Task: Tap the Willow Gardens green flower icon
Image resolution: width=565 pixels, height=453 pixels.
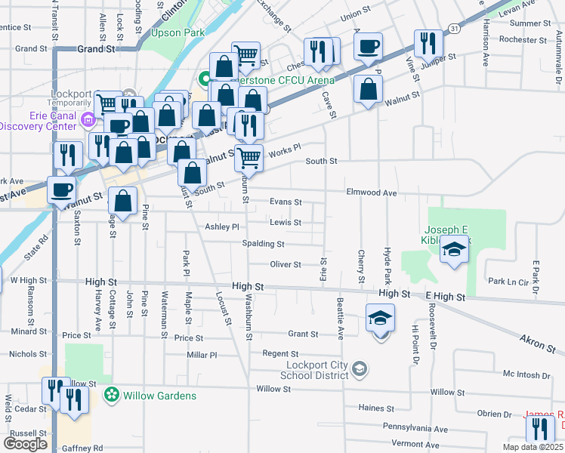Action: tap(112, 395)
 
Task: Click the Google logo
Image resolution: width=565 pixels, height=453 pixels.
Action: tap(25, 444)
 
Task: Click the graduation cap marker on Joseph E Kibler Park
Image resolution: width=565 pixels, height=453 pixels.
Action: tap(453, 250)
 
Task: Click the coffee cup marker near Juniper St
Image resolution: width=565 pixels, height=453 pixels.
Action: tap(368, 47)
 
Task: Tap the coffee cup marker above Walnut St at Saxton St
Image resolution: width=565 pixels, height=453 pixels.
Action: tap(61, 190)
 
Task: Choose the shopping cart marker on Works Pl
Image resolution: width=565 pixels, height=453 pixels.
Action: tap(249, 158)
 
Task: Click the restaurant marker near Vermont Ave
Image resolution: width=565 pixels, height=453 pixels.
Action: tap(539, 428)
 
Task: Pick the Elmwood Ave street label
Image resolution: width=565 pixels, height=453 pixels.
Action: tap(371, 193)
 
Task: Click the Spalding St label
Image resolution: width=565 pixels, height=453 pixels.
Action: tap(263, 244)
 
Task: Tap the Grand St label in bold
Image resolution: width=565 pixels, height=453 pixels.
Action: tap(95, 48)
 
